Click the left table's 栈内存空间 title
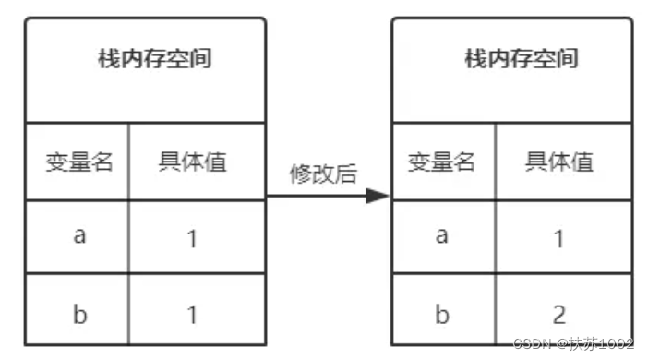coord(155,60)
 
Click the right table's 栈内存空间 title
coord(522,60)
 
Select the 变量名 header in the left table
coord(79,163)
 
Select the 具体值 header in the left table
coord(192,163)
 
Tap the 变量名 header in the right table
coord(442,163)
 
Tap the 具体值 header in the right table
coord(559,163)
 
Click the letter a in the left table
coord(79,235)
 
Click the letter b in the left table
coord(79,315)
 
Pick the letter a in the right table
coord(442,235)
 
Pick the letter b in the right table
coord(442,315)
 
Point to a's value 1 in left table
coord(192,239)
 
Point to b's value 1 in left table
coord(192,315)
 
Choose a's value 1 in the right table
coord(559,239)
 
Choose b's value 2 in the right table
coord(559,315)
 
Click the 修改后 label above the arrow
coord(323,174)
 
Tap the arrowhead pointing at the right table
coord(378,196)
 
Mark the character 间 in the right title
coord(568,60)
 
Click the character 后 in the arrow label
coord(346,174)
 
